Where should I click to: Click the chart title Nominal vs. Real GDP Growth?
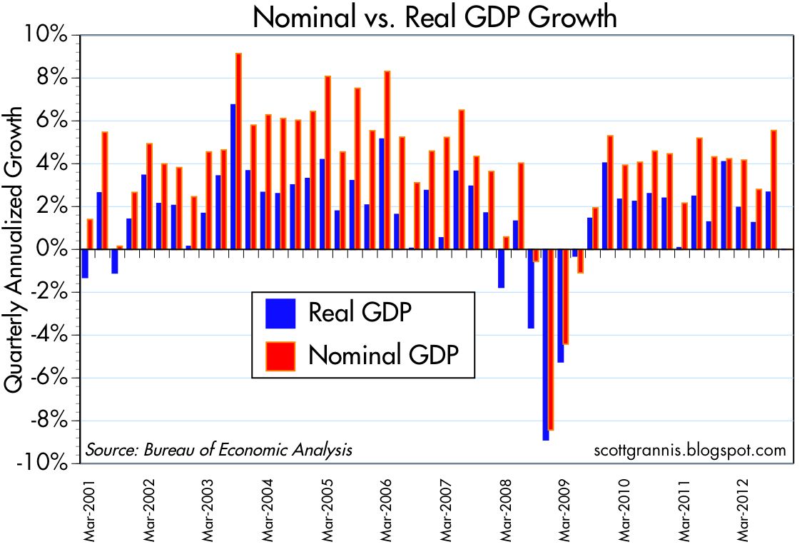click(435, 17)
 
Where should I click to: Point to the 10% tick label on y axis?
click(48, 35)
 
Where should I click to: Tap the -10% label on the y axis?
click(44, 463)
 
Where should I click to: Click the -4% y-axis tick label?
click(48, 335)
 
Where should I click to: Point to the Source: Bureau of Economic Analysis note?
click(219, 450)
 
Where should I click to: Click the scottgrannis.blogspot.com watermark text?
click(689, 450)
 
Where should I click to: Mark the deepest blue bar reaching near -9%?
click(546, 345)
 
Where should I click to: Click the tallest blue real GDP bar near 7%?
click(233, 177)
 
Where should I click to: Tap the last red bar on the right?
click(774, 190)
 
